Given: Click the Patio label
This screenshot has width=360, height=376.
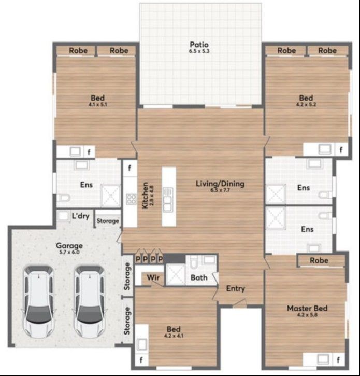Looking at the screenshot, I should click(199, 44).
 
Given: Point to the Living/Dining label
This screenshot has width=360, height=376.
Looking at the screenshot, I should click(220, 184).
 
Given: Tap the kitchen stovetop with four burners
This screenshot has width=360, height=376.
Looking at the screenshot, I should click(131, 199).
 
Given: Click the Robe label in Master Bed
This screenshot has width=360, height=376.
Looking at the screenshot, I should click(320, 260).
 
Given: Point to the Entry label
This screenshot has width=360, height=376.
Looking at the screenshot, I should click(235, 289).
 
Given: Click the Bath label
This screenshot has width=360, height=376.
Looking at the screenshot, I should click(199, 278).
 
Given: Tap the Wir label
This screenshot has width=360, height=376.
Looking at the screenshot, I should click(152, 277).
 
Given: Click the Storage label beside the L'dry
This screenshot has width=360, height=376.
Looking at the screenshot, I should click(108, 221).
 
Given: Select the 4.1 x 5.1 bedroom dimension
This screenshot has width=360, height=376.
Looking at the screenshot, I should click(97, 104).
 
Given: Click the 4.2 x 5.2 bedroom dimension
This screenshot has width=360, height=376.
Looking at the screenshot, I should click(306, 104).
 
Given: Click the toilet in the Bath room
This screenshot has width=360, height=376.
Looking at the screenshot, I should click(191, 261).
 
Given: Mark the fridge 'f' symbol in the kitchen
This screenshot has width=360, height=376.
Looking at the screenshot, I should click(130, 169).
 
